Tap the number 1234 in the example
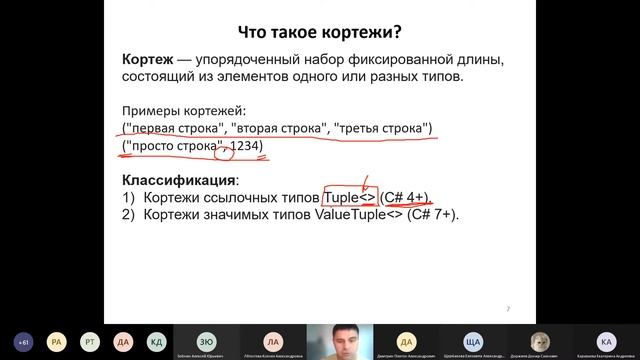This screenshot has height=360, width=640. [x=245, y=148]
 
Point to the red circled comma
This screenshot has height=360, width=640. [x=225, y=150]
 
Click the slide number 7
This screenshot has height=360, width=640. [x=508, y=308]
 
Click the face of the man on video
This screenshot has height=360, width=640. [x=340, y=337]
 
